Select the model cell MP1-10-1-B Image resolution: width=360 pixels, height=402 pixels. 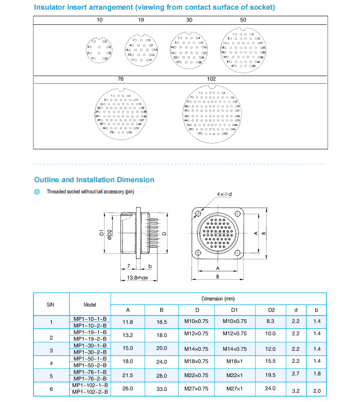click(x=90, y=318)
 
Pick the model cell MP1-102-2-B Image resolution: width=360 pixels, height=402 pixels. click(x=90, y=391)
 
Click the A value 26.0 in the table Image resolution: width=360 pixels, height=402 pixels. click(x=128, y=388)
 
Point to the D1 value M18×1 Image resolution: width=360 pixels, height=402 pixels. click(x=234, y=361)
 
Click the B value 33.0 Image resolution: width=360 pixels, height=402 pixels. click(x=161, y=388)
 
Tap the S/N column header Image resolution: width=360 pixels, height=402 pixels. click(x=51, y=305)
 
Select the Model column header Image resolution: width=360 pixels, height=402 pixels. click(x=90, y=305)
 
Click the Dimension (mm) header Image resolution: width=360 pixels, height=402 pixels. click(x=218, y=299)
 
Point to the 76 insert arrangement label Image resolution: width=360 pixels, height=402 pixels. click(x=120, y=79)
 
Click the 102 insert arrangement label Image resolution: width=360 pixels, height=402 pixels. click(x=212, y=79)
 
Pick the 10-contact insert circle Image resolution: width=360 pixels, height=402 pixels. click(x=99, y=50)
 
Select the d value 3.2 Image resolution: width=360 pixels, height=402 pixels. click(x=296, y=389)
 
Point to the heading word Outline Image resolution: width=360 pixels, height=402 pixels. click(x=47, y=180)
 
